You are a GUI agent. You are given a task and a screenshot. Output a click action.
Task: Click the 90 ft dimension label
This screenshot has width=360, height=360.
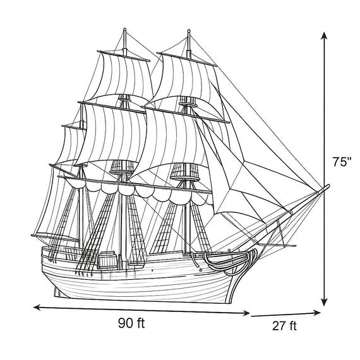[131, 323]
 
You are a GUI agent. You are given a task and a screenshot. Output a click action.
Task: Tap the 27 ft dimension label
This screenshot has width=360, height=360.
[284, 326]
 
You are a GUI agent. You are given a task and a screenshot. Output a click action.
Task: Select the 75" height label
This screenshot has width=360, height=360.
[342, 162]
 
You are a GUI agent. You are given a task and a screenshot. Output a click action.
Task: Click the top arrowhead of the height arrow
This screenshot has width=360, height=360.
[324, 35]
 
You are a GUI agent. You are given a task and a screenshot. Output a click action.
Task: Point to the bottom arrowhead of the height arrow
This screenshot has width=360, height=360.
[324, 302]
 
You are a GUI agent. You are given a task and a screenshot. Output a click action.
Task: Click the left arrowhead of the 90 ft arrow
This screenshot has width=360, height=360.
[37, 308]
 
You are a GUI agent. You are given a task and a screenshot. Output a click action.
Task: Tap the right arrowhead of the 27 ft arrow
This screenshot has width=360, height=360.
[317, 313]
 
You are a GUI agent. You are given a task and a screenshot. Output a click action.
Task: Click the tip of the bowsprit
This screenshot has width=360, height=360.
[328, 185]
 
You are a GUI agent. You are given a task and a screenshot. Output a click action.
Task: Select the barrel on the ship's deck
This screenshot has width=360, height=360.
[107, 260]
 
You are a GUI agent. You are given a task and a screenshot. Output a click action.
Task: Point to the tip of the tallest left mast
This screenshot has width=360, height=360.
[124, 29]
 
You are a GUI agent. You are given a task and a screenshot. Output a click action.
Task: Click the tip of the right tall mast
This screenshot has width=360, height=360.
[189, 30]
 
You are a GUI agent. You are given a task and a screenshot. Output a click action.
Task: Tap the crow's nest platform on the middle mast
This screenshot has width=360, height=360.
[122, 171]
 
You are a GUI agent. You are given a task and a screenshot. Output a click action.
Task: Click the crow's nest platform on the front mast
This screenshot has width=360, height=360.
[185, 178]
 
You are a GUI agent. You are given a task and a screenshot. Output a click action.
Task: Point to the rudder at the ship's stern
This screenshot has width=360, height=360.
[57, 292]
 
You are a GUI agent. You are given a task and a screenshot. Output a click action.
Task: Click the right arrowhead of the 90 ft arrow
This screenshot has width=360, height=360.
[246, 313]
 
